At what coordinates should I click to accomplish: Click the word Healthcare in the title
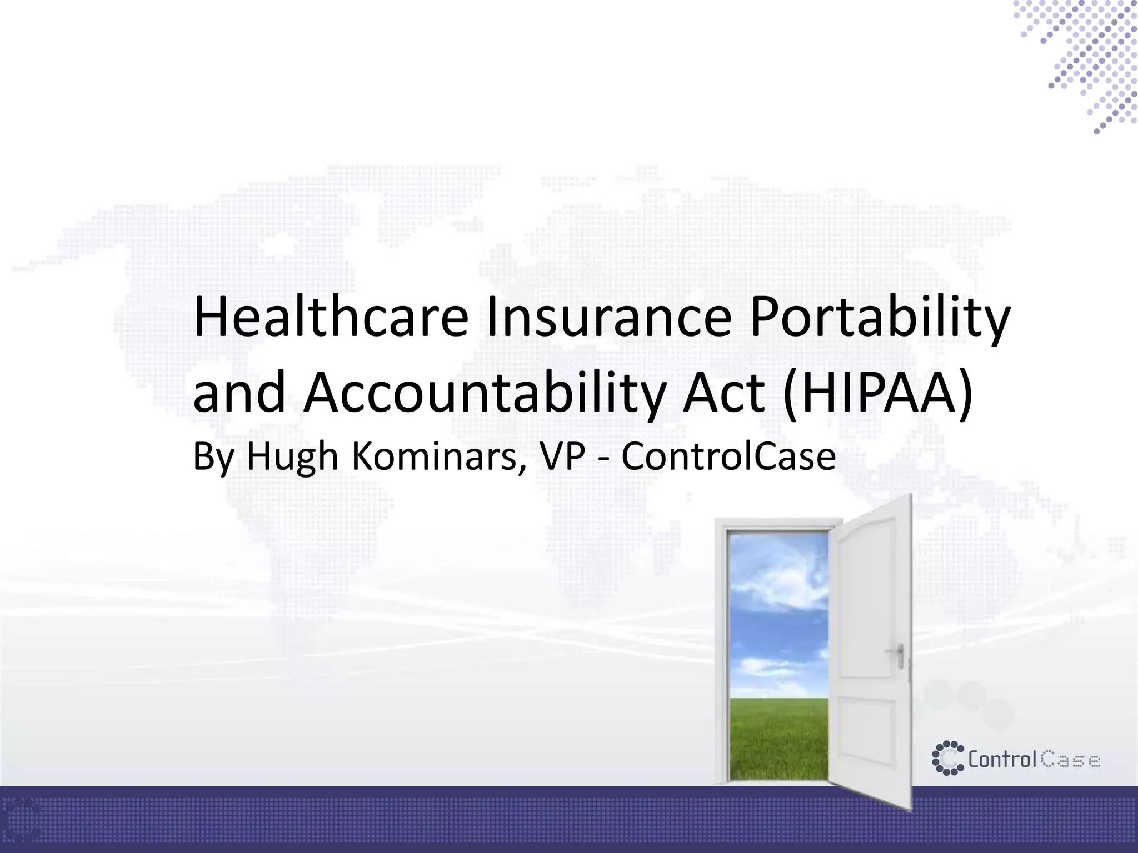pyautogui.click(x=331, y=318)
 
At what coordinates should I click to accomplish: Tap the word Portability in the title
pyautogui.click(x=879, y=318)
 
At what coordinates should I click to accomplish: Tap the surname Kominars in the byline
pyautogui.click(x=438, y=457)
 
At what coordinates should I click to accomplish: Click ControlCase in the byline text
pyautogui.click(x=728, y=457)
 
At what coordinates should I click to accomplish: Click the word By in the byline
pyautogui.click(x=213, y=457)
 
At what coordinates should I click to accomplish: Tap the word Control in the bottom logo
pyautogui.click(x=1002, y=759)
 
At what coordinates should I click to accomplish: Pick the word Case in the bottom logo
pyautogui.click(x=1070, y=760)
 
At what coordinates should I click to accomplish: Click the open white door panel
pyautogui.click(x=872, y=655)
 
